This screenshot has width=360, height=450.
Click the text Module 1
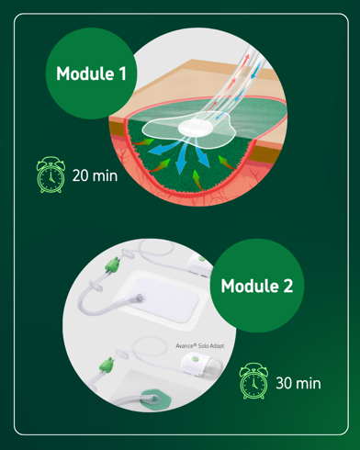tap(91, 73)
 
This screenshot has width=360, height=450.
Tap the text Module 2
tap(257, 286)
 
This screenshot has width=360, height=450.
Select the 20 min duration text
tap(95, 175)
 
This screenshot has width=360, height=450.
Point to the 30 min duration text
tap(298, 383)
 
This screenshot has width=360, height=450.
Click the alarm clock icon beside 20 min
tap(51, 174)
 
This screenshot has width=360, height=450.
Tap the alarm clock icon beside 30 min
tap(253, 381)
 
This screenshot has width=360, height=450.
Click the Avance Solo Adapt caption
tap(200, 346)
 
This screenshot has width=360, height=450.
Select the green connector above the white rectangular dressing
tap(112, 264)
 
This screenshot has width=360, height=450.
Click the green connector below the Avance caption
tap(107, 366)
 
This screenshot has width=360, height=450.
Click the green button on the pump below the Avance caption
tap(194, 358)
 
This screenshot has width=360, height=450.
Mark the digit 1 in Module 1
tap(122, 73)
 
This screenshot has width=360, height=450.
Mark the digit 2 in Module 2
tap(288, 286)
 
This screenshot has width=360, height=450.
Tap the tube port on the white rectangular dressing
tap(139, 298)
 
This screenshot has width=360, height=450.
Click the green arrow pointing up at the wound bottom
tap(197, 180)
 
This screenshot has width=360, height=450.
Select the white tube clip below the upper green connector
tap(95, 287)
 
